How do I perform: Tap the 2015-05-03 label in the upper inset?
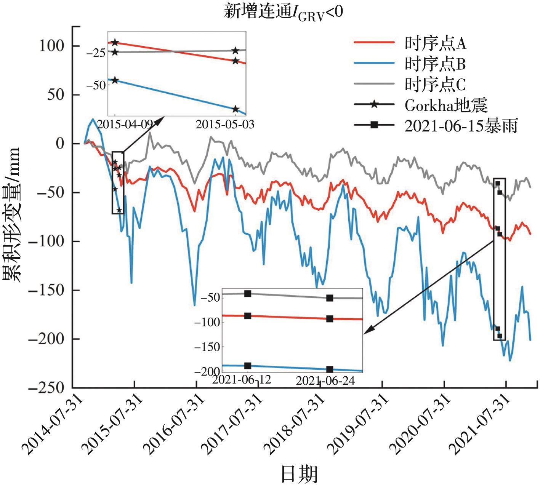coord(225,124)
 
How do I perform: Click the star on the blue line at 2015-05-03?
coord(236,109)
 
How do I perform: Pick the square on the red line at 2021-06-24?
coord(330,319)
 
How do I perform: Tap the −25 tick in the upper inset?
coord(96,53)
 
